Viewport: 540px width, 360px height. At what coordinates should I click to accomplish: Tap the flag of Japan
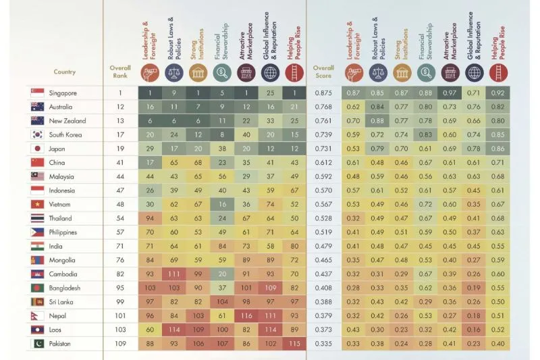(37, 149)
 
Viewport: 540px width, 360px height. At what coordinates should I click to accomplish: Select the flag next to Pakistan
(37, 344)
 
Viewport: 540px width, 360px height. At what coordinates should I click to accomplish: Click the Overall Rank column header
(120, 72)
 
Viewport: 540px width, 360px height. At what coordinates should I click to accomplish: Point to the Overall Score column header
(323, 72)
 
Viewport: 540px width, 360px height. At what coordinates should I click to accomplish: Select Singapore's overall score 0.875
(325, 93)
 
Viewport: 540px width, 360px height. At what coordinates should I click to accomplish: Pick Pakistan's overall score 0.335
(325, 344)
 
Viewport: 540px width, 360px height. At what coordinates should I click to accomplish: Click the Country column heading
(65, 72)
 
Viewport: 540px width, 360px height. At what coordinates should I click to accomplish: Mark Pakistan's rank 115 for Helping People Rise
(294, 344)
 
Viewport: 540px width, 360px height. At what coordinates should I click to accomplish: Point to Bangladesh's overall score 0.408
(325, 288)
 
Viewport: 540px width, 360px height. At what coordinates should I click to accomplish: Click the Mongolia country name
(63, 260)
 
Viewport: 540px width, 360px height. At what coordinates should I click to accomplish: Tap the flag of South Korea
(37, 135)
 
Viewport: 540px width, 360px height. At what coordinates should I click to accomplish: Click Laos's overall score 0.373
(325, 330)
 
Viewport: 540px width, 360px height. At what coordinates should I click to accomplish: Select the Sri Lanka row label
(61, 302)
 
